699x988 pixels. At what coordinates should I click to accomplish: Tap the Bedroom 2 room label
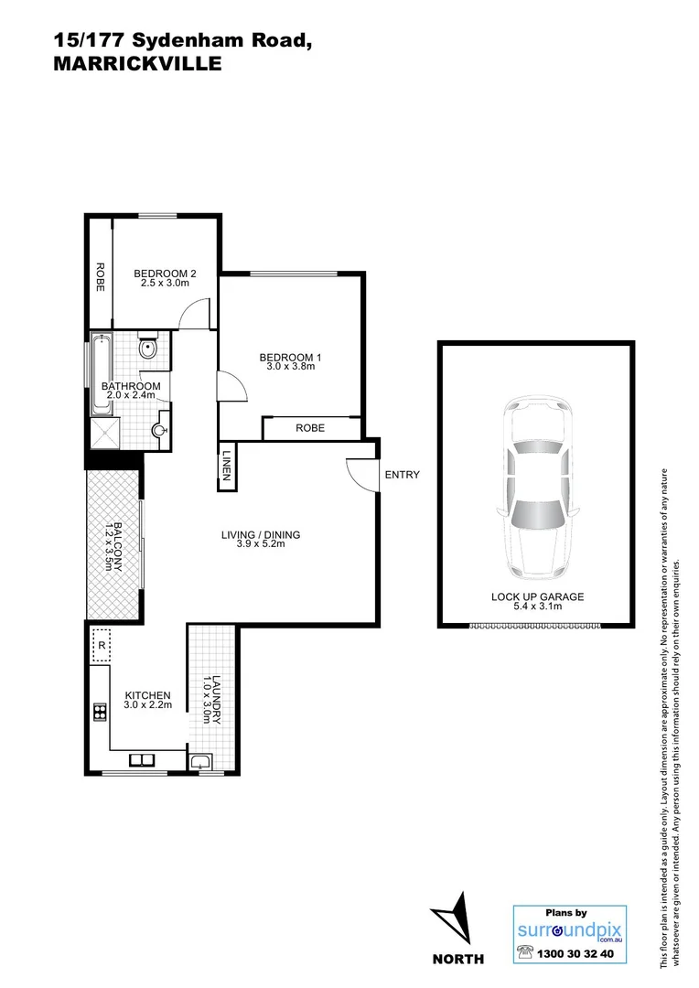click(x=165, y=273)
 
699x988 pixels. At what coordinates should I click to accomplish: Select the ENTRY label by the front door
click(x=402, y=475)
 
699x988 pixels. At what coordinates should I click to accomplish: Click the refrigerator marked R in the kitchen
click(x=101, y=644)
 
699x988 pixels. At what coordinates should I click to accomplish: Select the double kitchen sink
click(x=142, y=759)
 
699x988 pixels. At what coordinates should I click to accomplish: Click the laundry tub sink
click(x=200, y=761)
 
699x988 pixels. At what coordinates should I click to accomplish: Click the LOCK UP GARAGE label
click(x=537, y=596)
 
